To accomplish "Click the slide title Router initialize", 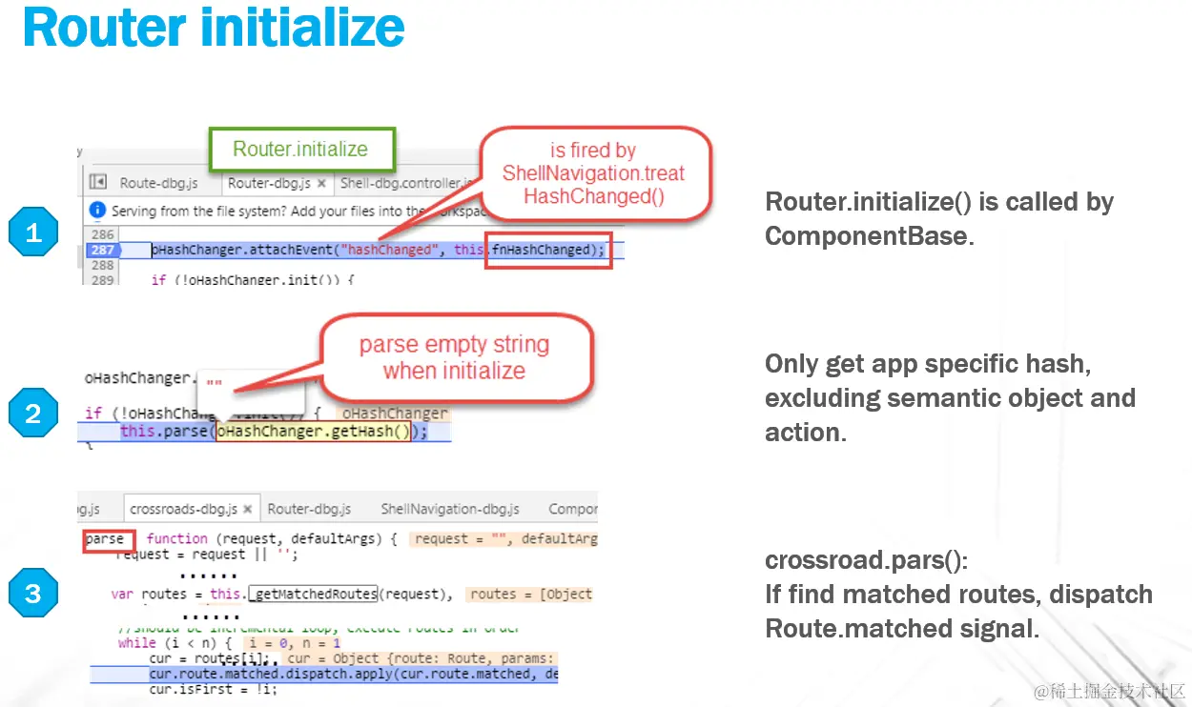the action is click(x=214, y=29).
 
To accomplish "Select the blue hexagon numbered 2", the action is click(x=33, y=414).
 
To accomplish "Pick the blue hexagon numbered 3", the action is click(x=33, y=594).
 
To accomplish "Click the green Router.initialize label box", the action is click(x=300, y=149).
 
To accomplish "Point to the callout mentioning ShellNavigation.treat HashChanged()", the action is click(x=593, y=173).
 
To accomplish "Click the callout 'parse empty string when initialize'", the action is click(x=454, y=357).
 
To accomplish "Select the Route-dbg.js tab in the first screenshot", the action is click(x=158, y=183).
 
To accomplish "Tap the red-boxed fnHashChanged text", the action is click(x=548, y=250).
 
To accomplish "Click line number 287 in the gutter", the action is click(x=102, y=250).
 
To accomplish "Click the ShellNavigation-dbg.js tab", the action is click(x=450, y=509).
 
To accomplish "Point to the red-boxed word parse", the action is click(x=105, y=539).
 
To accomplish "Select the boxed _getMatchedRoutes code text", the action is click(x=313, y=594).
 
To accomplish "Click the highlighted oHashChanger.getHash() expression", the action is click(x=314, y=432).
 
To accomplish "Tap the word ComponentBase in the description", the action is click(x=868, y=236).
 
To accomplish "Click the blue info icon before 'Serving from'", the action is click(x=96, y=211).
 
